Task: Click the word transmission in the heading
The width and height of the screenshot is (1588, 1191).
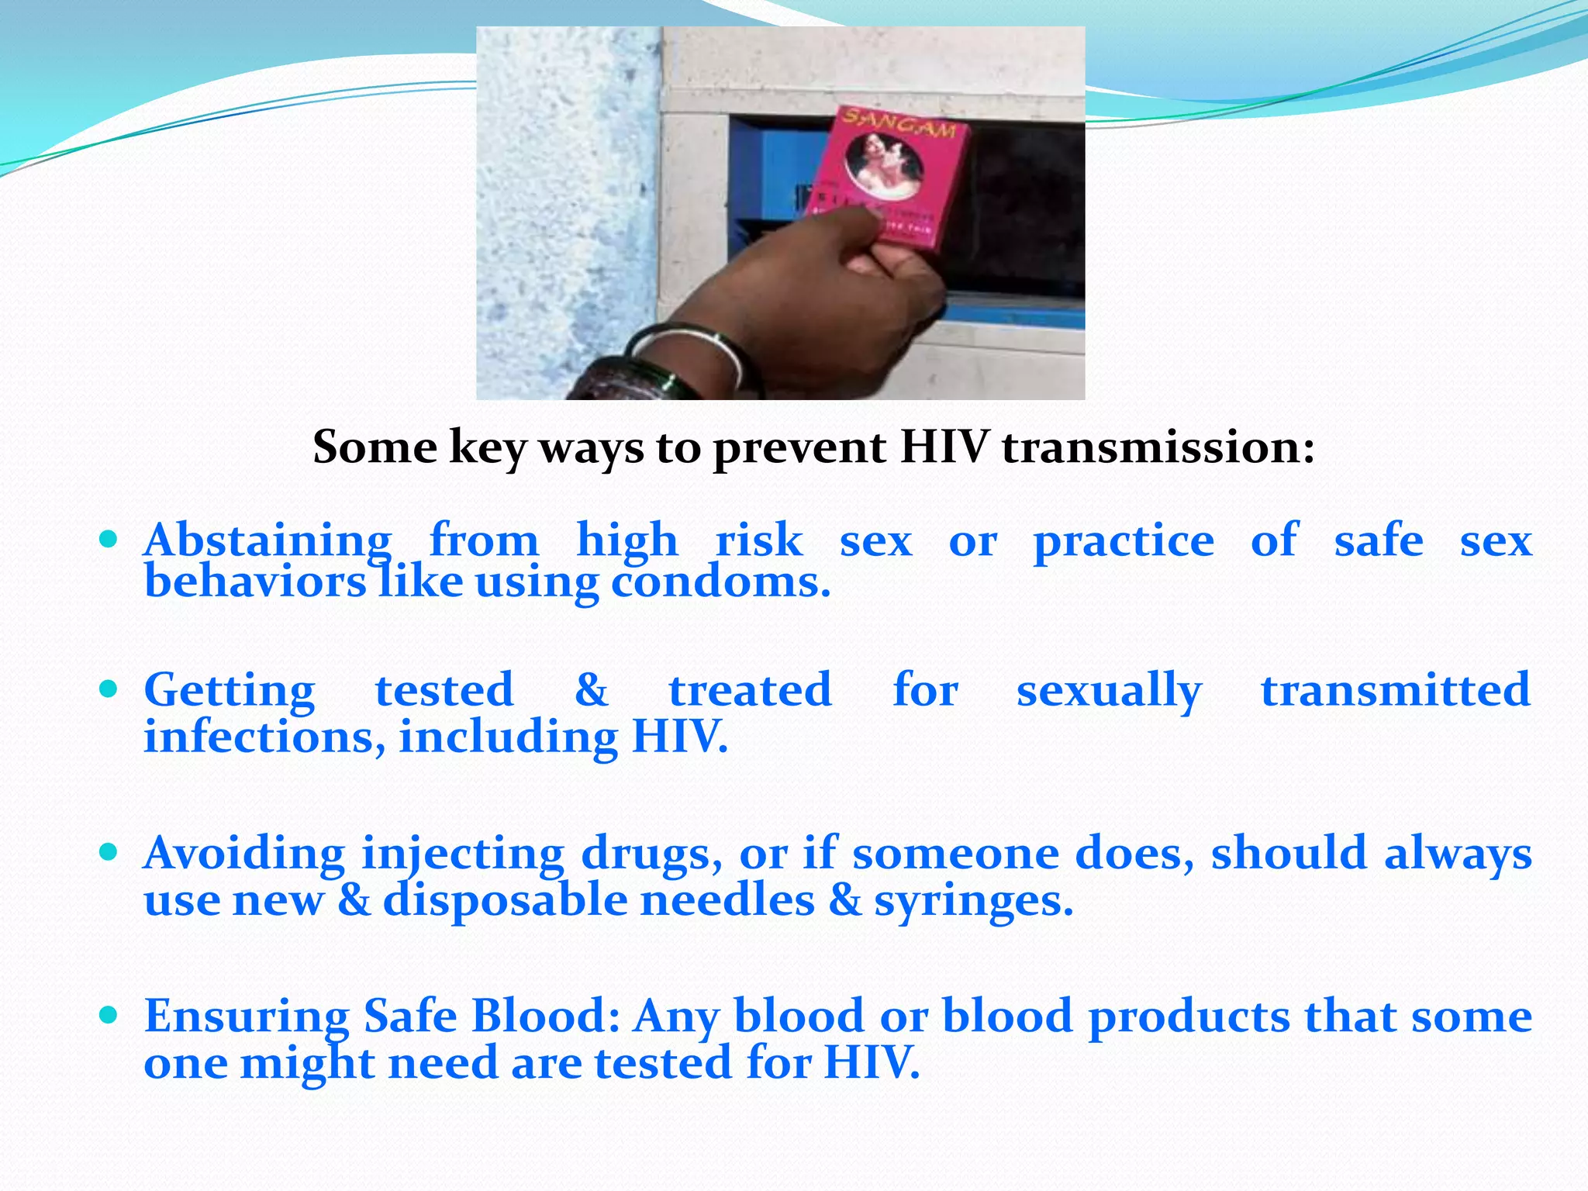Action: (x=1158, y=447)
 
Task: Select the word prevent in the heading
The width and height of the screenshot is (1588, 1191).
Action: (x=799, y=447)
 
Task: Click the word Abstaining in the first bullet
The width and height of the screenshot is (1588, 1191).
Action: (x=268, y=540)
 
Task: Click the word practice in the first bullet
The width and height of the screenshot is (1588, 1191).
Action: (x=1124, y=540)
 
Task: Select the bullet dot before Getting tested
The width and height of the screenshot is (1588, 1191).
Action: (x=109, y=689)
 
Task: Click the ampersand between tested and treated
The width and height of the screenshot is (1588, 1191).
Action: (x=591, y=689)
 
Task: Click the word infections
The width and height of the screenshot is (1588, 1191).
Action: (x=264, y=736)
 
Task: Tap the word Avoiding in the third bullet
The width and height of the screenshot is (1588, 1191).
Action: (x=244, y=853)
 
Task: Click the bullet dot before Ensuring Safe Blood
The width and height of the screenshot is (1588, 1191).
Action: (x=109, y=1014)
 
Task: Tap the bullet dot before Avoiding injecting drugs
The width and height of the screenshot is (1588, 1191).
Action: (x=109, y=852)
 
